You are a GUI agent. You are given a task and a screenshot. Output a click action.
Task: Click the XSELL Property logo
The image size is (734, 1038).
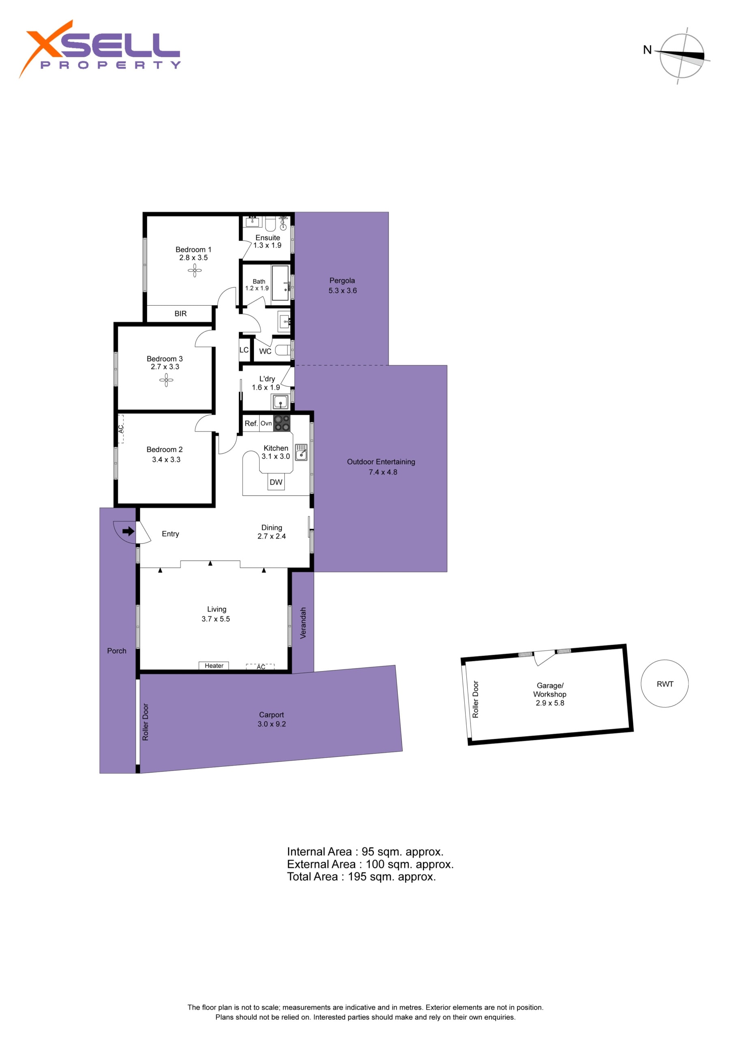coord(99,49)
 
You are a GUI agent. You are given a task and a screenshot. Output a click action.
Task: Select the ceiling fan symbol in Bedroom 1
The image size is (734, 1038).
coord(195,270)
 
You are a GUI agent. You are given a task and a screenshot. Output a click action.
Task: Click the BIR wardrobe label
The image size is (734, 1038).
coord(180,313)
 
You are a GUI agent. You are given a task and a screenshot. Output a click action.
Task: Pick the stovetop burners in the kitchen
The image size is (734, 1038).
coord(282,423)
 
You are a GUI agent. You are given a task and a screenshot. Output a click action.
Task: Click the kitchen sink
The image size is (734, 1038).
coord(301,452)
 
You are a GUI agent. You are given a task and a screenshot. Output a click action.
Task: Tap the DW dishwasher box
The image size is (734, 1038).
coord(276,482)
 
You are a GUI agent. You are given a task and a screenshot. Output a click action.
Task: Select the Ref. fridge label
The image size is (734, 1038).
coord(251,423)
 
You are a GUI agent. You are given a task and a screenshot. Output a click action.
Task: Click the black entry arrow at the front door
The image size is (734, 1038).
coord(129,531)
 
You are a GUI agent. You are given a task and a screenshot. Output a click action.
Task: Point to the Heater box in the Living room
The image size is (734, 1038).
coord(214,665)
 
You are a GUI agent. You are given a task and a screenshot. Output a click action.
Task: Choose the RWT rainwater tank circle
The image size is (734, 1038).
coord(665,684)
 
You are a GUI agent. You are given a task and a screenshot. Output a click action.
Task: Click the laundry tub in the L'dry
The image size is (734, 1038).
coord(280,401)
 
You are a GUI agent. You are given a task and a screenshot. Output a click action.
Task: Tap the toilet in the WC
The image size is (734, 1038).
coord(283,350)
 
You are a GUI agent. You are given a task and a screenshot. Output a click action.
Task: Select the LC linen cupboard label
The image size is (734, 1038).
coord(244,350)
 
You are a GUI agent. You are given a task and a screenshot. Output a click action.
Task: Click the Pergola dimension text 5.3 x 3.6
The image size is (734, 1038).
coord(342,291)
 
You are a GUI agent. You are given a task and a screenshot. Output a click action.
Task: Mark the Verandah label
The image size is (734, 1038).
coord(303,622)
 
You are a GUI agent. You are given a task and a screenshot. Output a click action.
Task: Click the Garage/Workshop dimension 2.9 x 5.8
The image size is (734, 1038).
coord(550,703)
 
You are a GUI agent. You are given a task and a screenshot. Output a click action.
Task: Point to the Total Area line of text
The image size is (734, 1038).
coord(361,877)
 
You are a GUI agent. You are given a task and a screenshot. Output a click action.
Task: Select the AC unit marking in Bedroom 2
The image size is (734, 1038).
coord(121,429)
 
